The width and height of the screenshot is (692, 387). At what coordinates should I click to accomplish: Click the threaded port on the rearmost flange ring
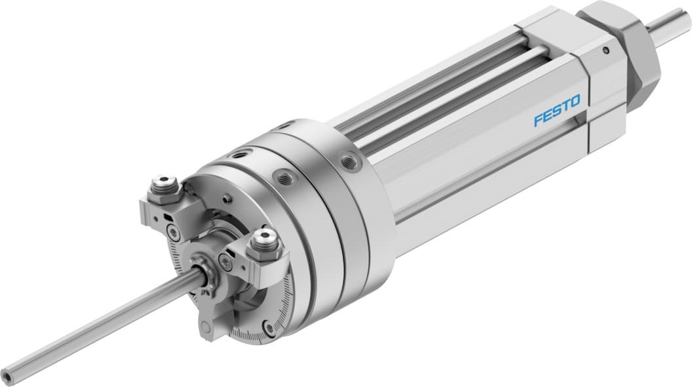coord(349,160)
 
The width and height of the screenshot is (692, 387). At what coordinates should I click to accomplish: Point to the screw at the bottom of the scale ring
coord(269,327)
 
